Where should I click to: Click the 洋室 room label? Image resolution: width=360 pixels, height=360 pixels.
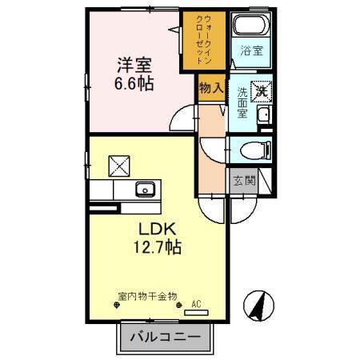tap(133, 65)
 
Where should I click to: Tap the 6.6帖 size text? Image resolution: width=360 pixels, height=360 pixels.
tap(133, 82)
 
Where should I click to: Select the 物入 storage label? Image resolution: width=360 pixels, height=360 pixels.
tap(210, 89)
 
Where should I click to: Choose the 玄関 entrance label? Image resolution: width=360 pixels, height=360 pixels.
tap(244, 180)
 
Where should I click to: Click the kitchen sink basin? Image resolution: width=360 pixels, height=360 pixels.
tap(145, 190)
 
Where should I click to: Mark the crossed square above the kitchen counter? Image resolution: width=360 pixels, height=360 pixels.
tap(118, 166)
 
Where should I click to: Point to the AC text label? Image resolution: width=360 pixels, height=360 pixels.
tap(197, 303)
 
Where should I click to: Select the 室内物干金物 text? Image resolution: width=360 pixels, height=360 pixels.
tap(147, 296)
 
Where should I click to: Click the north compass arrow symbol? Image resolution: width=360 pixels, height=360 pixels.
tap(260, 305)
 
